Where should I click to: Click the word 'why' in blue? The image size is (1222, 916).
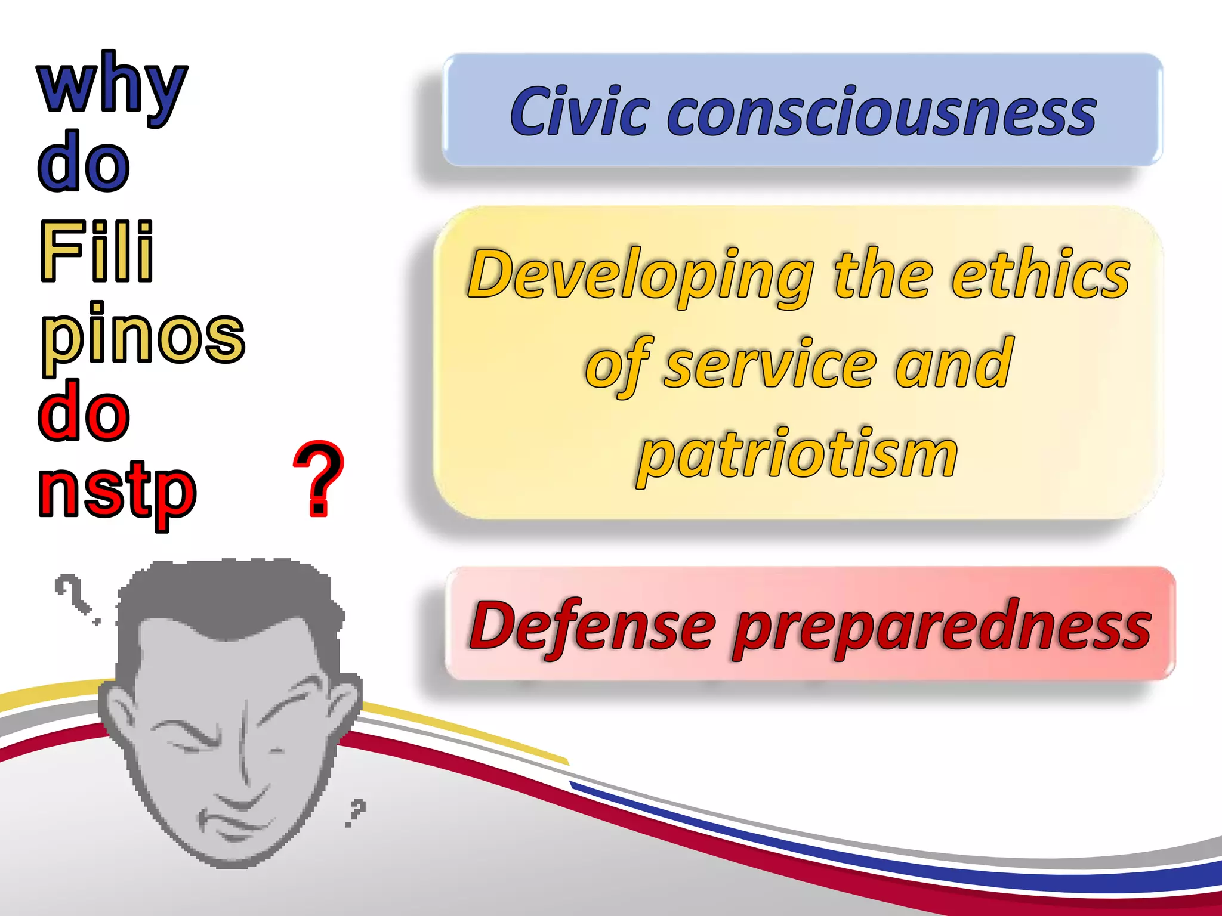tap(112, 86)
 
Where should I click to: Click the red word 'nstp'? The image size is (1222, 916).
tap(117, 492)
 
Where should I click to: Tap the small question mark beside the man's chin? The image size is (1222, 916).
tap(356, 812)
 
